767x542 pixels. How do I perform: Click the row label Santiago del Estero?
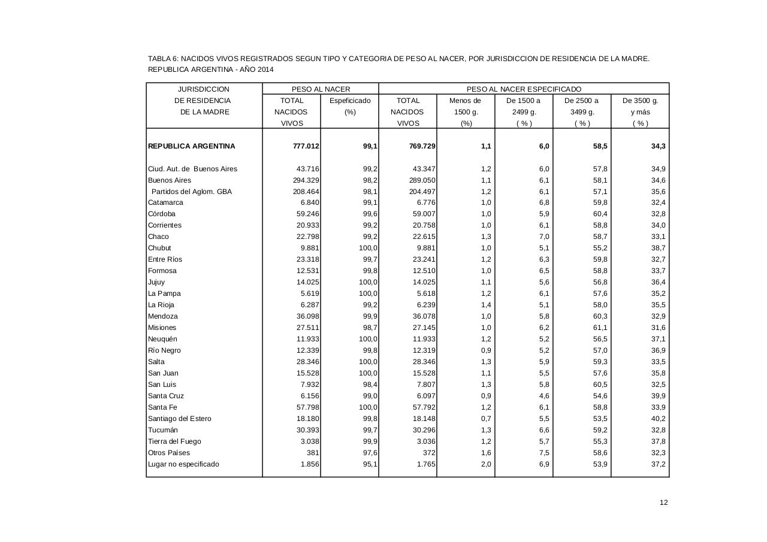click(x=180, y=419)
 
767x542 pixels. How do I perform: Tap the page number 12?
click(x=663, y=502)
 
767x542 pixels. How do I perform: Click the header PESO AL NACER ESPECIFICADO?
click(x=524, y=89)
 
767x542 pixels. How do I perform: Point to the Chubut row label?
click(x=159, y=248)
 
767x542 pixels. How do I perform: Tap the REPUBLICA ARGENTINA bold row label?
click(x=192, y=146)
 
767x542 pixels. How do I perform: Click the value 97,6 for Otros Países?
click(x=368, y=453)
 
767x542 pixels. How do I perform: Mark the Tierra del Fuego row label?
click(x=174, y=441)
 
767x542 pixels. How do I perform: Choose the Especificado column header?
click(x=350, y=101)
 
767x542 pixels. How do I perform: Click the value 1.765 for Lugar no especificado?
click(x=424, y=464)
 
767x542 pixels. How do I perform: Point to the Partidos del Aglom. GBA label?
click(x=191, y=192)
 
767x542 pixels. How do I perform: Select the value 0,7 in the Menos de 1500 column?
click(x=485, y=419)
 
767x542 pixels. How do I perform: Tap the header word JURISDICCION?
click(x=204, y=89)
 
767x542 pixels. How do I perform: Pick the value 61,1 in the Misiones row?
click(x=600, y=328)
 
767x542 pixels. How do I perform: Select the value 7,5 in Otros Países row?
click(x=543, y=453)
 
